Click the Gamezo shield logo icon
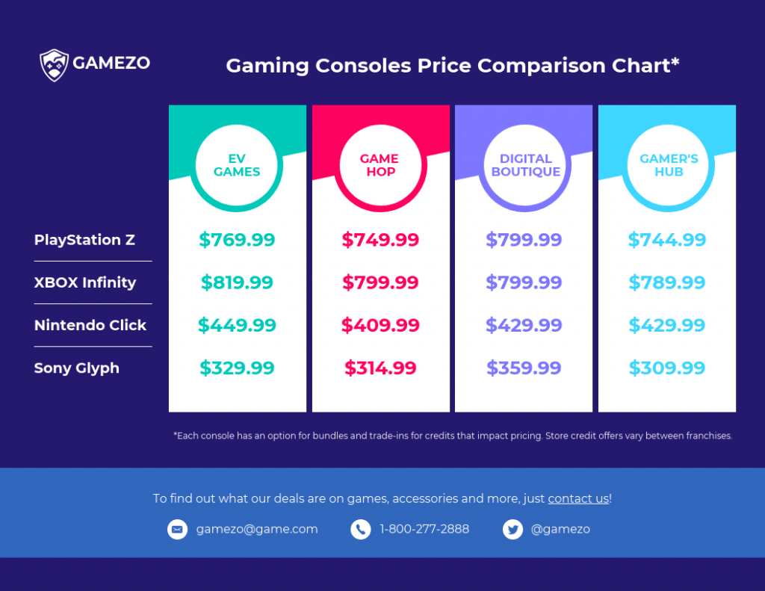(x=54, y=64)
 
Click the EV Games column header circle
(x=237, y=165)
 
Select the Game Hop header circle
(x=380, y=165)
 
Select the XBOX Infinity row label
(x=85, y=282)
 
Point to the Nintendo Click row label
(x=90, y=325)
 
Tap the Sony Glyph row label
(x=77, y=368)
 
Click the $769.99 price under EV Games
(x=237, y=240)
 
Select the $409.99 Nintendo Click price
(x=380, y=325)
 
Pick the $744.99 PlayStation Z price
(x=666, y=240)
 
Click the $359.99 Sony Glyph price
(x=524, y=368)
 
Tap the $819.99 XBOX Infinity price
(x=237, y=282)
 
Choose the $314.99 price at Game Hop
(x=380, y=368)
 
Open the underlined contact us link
(x=578, y=498)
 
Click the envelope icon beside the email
(x=177, y=529)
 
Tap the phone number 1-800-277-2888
(x=424, y=529)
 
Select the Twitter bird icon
(x=512, y=529)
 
